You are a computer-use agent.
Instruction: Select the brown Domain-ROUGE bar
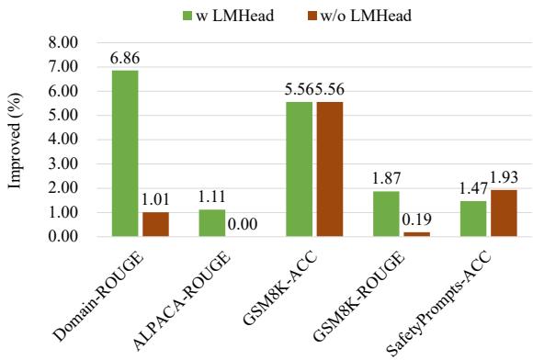click(156, 224)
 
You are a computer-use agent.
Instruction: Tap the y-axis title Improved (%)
click(16, 140)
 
